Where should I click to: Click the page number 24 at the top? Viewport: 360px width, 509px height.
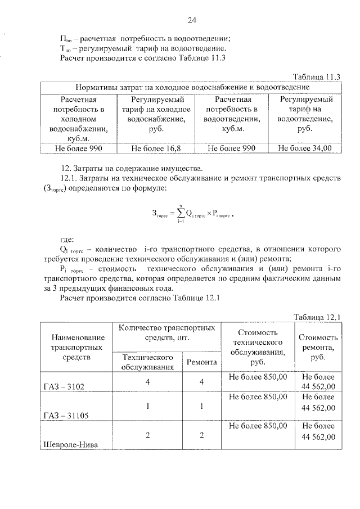point(191,21)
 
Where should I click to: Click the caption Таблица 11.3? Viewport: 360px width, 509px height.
point(318,76)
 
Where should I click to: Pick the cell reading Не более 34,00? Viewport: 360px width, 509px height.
point(305,148)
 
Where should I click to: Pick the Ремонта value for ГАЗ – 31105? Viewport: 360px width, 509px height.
point(201,407)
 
